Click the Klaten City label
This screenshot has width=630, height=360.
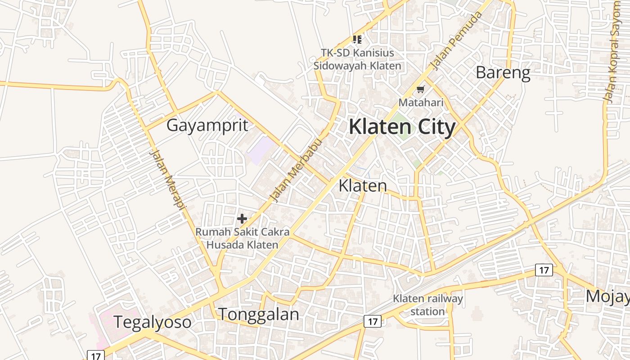click(402, 127)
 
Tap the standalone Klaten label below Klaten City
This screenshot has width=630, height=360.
click(362, 185)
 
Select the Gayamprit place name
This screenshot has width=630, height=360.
click(207, 126)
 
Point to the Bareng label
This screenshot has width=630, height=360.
click(503, 72)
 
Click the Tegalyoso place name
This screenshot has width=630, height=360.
click(152, 322)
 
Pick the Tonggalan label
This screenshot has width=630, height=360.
click(258, 314)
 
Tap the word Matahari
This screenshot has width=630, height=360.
click(421, 103)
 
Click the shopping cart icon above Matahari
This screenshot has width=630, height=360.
click(420, 89)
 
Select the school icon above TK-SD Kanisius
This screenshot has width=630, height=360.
click(357, 40)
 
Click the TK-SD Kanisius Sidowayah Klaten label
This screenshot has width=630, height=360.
click(357, 59)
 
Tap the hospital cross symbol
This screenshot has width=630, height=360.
click(242, 219)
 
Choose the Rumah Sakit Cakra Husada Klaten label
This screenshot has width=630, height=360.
click(242, 238)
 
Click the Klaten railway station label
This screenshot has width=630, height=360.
click(427, 305)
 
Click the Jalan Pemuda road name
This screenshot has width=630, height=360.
click(456, 41)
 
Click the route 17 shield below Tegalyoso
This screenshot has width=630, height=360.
click(95, 355)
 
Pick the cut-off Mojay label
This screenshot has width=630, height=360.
click(607, 297)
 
